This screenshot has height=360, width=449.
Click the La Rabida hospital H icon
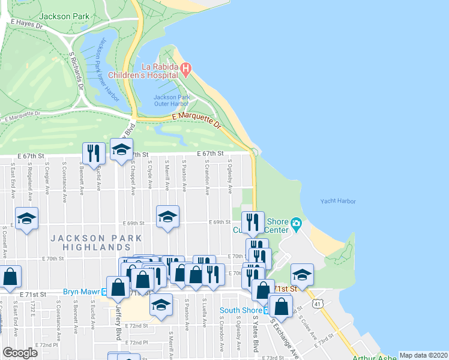(186, 70)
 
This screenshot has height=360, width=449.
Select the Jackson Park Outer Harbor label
(172, 101)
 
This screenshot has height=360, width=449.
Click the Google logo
(20, 352)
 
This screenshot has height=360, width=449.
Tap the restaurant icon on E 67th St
(92, 153)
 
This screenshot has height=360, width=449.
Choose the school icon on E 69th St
(167, 217)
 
